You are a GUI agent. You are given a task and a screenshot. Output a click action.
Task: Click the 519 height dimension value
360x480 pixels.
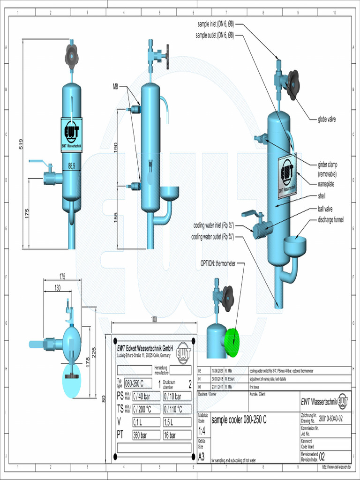(x=21, y=144)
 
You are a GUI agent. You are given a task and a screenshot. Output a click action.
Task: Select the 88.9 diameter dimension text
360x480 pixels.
(x=71, y=165)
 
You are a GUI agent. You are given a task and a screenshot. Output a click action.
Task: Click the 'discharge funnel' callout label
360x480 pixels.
(x=330, y=220)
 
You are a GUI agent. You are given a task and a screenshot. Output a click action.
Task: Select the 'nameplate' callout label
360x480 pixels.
(x=329, y=184)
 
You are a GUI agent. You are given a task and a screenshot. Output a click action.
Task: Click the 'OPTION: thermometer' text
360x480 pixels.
(x=218, y=263)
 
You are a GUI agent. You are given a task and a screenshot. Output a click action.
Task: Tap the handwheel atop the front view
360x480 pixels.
(x=71, y=56)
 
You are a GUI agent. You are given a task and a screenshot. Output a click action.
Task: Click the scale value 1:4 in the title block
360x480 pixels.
(x=202, y=430)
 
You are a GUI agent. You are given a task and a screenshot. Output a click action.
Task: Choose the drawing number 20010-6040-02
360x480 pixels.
(x=334, y=419)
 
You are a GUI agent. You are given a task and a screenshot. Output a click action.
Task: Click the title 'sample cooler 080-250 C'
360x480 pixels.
(x=239, y=420)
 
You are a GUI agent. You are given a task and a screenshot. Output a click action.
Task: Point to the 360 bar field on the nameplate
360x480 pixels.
(x=140, y=435)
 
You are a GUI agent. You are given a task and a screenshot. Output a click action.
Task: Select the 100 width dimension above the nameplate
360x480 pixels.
(x=154, y=319)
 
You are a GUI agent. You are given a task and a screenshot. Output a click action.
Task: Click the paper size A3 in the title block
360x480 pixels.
(x=202, y=456)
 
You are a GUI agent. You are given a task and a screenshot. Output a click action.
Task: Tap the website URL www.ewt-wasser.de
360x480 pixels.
(x=336, y=467)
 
